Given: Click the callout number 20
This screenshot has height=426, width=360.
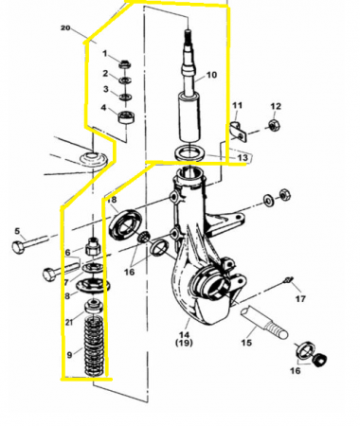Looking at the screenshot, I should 65,29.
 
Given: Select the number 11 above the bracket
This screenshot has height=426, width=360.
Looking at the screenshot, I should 238,104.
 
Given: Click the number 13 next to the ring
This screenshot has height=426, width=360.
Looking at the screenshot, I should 243,157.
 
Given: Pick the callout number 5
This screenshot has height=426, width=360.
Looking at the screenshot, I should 16,230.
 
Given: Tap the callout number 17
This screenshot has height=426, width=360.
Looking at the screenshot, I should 301,299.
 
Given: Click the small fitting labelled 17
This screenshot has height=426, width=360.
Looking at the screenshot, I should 287,282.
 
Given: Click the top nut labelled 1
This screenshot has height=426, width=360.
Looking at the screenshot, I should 124,64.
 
